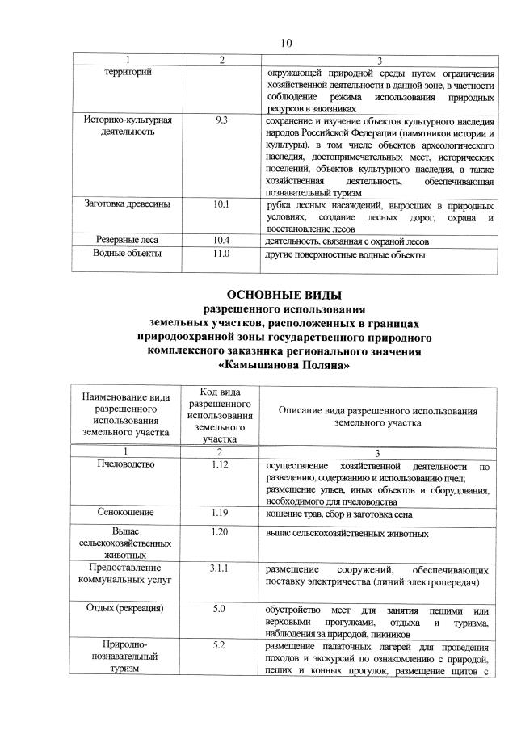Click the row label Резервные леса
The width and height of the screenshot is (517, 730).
pos(128,240)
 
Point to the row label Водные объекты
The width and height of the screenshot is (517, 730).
pos(128,254)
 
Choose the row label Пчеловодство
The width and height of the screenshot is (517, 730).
pos(126,466)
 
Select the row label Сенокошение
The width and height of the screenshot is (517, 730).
pos(126,512)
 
